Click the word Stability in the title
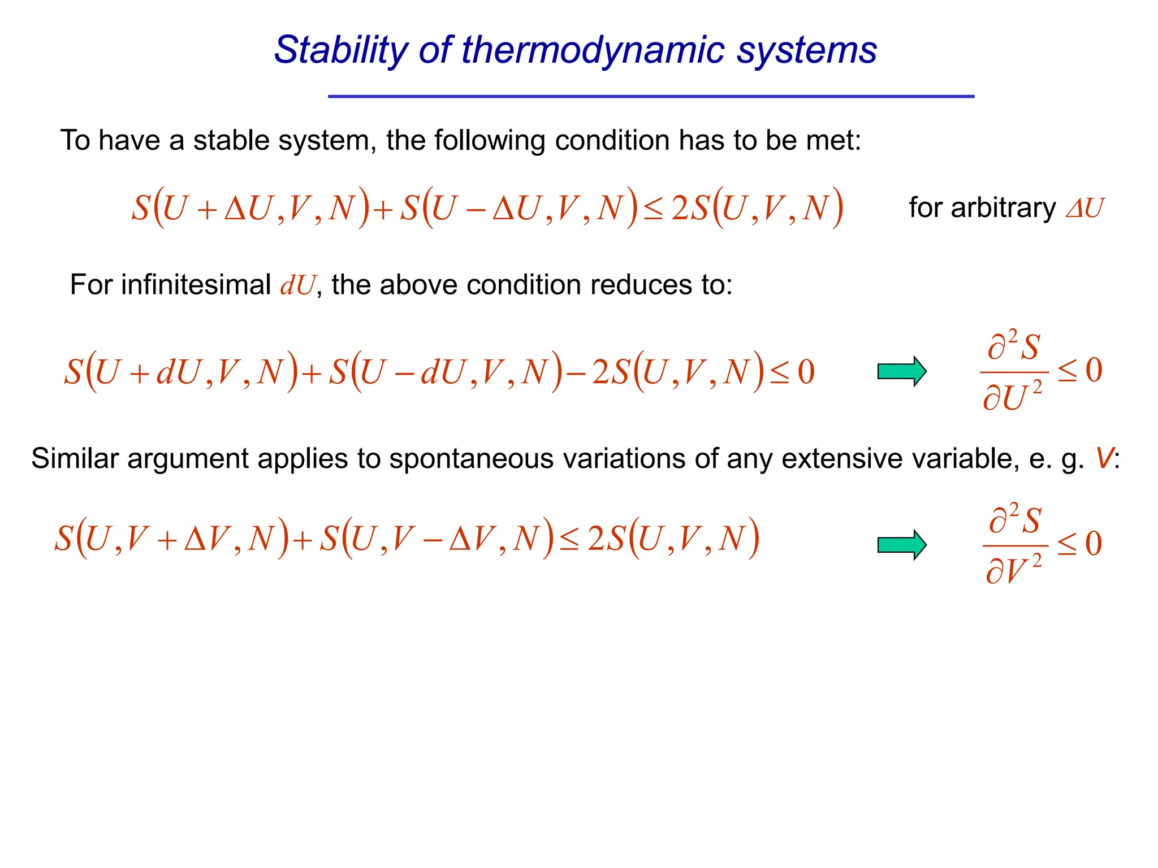click(x=340, y=51)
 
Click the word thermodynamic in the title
click(x=593, y=51)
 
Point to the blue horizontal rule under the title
click(x=651, y=97)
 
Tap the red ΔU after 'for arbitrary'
click(x=1084, y=208)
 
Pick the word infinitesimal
click(x=196, y=284)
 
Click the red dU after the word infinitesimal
click(x=297, y=285)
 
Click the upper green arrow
click(x=902, y=371)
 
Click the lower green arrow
click(x=902, y=545)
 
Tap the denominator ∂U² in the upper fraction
click(x=1012, y=396)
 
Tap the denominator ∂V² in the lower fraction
click(x=1013, y=570)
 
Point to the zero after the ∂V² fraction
click(x=1094, y=544)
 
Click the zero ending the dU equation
click(x=806, y=372)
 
